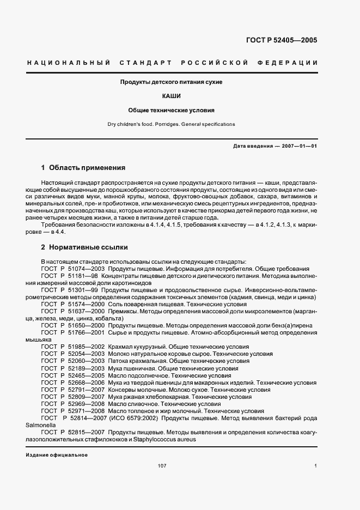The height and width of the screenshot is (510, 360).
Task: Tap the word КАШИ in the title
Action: (x=172, y=95)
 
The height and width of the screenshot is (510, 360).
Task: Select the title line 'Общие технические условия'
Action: (x=172, y=110)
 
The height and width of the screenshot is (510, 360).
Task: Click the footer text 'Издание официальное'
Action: (x=57, y=454)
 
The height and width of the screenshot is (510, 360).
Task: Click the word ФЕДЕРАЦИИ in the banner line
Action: (x=290, y=63)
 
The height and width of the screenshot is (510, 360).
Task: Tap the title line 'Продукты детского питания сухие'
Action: (x=172, y=82)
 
